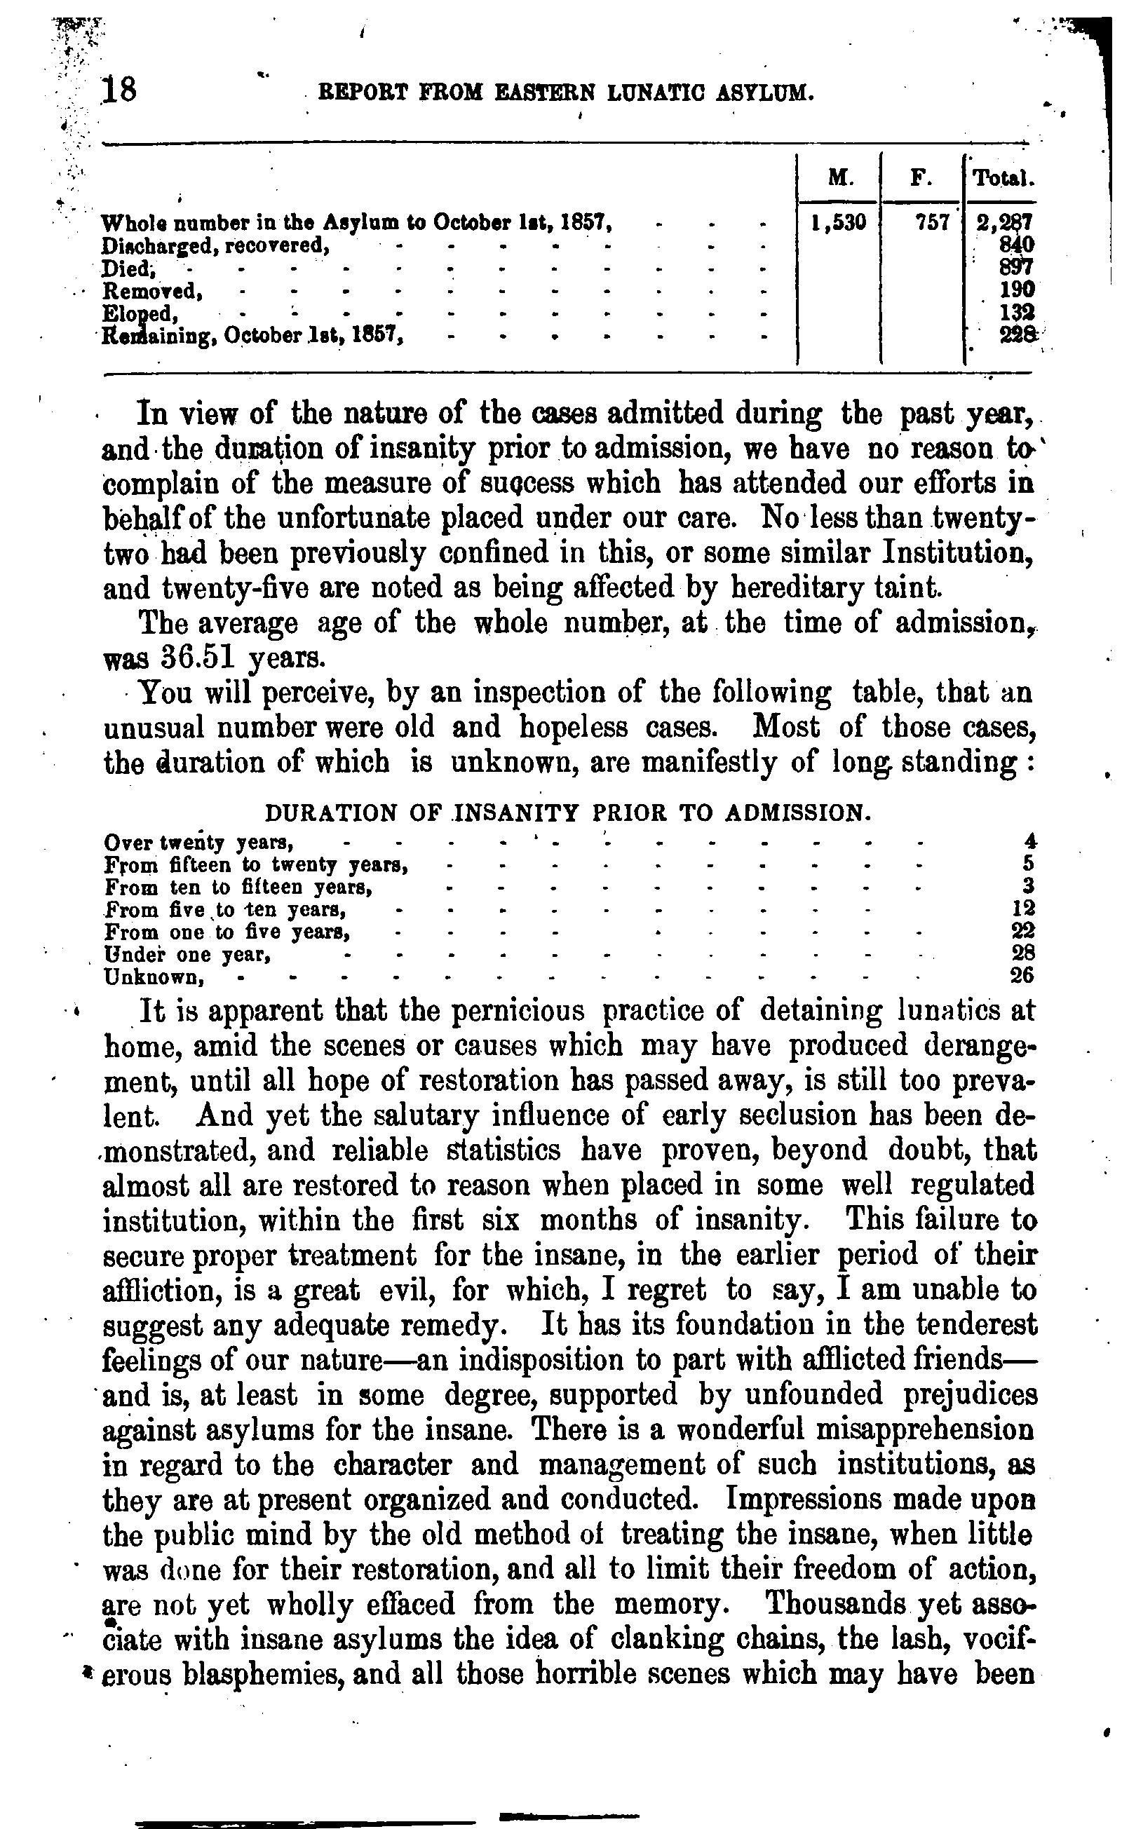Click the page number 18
tap(121, 90)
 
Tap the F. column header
tap(921, 178)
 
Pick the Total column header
tap(1003, 178)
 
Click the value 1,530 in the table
tap(839, 223)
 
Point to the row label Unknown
tap(154, 977)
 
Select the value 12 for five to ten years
tap(1023, 908)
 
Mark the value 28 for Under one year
tap(1023, 953)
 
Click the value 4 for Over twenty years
tap(1030, 842)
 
